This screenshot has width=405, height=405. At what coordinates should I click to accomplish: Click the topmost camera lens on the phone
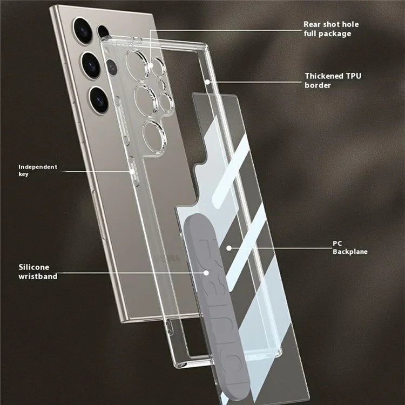pos(83,31)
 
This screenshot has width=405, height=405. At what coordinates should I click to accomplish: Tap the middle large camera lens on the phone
pos(91,65)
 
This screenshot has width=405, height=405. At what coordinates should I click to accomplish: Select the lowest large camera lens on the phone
pos(99,99)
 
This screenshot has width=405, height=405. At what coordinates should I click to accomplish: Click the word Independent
pos(38,167)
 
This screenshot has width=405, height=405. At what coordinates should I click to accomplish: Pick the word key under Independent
pos(24,174)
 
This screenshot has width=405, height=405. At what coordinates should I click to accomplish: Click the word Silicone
pos(34,267)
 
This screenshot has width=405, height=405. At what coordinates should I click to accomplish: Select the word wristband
pos(38,276)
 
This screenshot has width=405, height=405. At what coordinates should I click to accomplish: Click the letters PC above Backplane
pos(337,244)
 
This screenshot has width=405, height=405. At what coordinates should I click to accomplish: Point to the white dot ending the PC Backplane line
pos(229,248)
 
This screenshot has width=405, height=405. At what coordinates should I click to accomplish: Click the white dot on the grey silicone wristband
pos(206,273)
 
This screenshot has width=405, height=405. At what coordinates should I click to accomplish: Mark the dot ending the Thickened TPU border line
pos(208,82)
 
